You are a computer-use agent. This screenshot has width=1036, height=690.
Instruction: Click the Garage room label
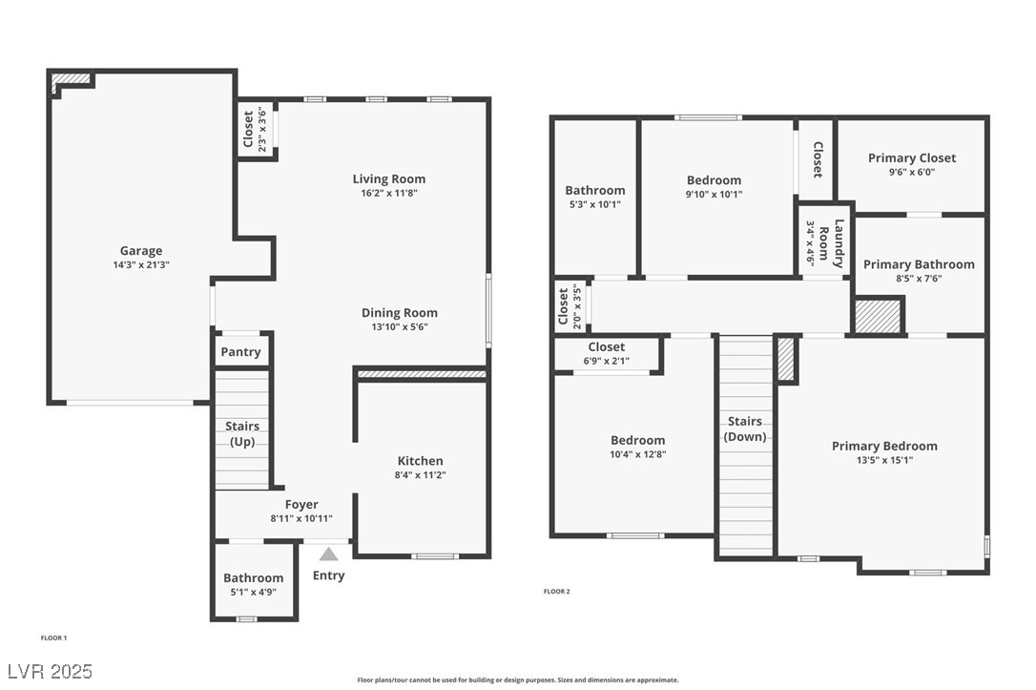140,251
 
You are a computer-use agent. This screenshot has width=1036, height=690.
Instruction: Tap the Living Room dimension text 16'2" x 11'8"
389,193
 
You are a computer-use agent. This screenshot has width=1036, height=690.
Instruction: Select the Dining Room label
399,312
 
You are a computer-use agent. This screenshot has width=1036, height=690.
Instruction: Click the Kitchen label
420,461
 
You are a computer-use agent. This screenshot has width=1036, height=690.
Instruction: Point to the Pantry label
240,352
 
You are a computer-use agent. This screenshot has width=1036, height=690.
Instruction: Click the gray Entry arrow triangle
328,554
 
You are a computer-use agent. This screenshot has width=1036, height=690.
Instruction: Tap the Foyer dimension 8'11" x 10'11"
301,518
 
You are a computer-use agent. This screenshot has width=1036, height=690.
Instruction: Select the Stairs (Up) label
242,433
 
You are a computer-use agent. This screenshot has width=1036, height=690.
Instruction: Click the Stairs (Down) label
745,429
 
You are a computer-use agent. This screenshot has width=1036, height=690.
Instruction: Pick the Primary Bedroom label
884,446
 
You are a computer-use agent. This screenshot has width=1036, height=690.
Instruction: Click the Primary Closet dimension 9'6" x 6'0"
912,173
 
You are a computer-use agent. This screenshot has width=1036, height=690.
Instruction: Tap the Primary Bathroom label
919,264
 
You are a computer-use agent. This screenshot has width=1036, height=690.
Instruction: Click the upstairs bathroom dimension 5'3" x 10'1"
594,204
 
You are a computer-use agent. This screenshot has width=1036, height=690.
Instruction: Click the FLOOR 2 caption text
556,592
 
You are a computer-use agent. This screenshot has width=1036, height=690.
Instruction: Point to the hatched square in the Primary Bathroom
878,316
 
